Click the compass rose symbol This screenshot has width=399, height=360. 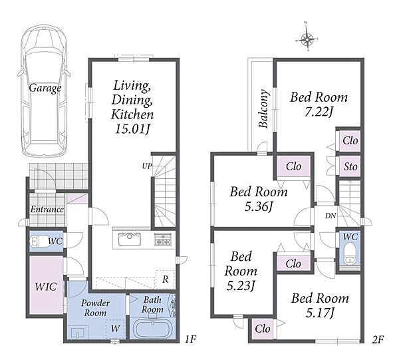pos(307,39)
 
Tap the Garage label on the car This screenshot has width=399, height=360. pos(45,88)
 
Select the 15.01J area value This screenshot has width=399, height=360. pos(132,129)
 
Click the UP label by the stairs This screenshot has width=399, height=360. pos(147,166)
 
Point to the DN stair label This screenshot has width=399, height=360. pos(331,216)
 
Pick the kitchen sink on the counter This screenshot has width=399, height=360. pos(129,240)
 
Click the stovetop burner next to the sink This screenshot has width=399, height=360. pos(163,240)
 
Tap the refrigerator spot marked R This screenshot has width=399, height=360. pos(166,279)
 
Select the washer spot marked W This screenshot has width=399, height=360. pos(115,329)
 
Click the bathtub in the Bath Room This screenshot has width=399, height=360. pos(152,329)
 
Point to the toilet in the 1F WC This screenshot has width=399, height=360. pos(38,241)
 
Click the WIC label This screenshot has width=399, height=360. pos(46,286)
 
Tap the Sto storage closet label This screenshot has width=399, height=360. pos(350,167)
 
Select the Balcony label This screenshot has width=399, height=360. pos(263,108)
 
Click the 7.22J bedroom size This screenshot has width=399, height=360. pos(319,112)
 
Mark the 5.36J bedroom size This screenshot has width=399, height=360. pos(258,207)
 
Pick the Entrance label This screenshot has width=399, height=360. pos(47,210)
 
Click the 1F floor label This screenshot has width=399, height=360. pos(190,339)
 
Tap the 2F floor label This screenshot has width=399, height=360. pos(378,339)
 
